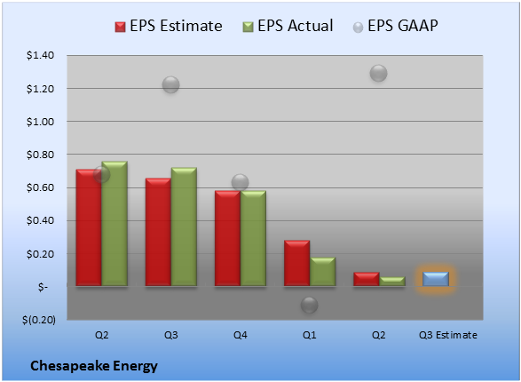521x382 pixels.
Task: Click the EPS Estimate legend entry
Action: (x=169, y=26)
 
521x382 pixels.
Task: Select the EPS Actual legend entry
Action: (x=288, y=26)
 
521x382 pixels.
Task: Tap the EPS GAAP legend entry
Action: (x=395, y=26)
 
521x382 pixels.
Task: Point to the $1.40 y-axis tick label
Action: (x=40, y=55)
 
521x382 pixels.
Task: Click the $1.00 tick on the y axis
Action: (x=40, y=122)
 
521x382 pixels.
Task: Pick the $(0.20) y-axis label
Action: (x=39, y=320)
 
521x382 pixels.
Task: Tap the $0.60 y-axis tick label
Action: (x=40, y=187)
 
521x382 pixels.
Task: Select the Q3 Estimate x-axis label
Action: (x=448, y=335)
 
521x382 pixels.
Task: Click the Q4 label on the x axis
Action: (x=240, y=335)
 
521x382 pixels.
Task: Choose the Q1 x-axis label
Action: (x=310, y=335)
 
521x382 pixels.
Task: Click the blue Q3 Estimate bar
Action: (x=436, y=279)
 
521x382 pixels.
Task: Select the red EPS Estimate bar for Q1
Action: (x=296, y=263)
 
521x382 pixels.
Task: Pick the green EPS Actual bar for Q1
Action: (x=322, y=271)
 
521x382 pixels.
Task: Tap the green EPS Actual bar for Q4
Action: (x=253, y=238)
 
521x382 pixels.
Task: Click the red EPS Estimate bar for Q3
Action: (x=158, y=232)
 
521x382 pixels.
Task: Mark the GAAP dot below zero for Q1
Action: (x=310, y=306)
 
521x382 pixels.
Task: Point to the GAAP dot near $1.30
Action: (x=378, y=73)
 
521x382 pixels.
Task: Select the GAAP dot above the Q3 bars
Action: (x=170, y=84)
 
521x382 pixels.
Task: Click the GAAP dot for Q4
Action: (x=240, y=182)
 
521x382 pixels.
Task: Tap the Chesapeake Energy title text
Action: (x=94, y=366)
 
